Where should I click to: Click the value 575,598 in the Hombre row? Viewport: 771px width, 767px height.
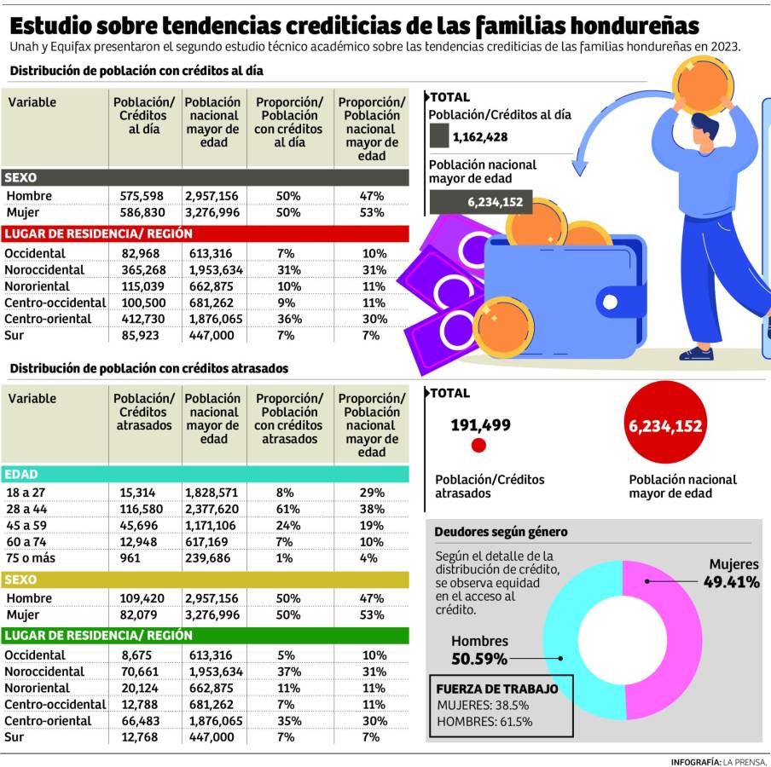click(142, 196)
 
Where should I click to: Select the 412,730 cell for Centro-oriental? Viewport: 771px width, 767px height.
click(142, 319)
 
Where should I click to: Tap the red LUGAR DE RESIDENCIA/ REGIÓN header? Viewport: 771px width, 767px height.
click(205, 233)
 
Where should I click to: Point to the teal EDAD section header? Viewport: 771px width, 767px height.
click(205, 474)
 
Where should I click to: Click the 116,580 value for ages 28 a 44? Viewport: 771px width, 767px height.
click(142, 509)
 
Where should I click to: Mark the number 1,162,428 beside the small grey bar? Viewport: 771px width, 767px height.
click(480, 136)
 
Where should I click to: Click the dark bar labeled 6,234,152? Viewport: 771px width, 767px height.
click(482, 202)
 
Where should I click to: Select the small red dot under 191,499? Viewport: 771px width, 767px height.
click(478, 445)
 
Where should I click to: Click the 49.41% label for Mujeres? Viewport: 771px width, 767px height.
click(731, 582)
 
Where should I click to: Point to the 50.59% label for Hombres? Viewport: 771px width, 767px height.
click(478, 659)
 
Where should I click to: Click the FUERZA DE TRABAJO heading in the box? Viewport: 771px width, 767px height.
click(497, 689)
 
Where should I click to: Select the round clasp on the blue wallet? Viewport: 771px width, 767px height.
click(609, 301)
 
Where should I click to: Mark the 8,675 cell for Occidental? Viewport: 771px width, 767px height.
click(142, 655)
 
